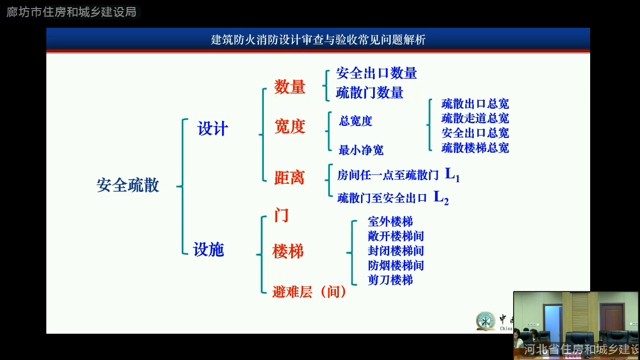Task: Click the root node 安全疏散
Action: coord(128,185)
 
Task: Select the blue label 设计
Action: coord(212,128)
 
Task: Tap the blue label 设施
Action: coord(208,249)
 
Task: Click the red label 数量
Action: coord(290,87)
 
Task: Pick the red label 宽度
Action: coord(290,126)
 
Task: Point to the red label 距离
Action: coord(289,177)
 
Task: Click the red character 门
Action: coord(281,215)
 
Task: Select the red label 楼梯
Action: coord(288,251)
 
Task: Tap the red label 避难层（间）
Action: coord(310,292)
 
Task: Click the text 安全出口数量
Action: coord(377,73)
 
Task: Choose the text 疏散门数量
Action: coord(370,93)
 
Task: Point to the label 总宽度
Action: coord(355,121)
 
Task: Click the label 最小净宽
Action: coord(361,150)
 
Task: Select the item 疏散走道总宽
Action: coord(475,118)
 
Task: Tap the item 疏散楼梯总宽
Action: coord(475,148)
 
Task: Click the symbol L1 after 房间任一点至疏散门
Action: coord(453,174)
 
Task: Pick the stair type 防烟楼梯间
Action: coord(396,265)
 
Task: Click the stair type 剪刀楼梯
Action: coord(390,280)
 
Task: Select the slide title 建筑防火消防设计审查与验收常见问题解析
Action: coord(318,40)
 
